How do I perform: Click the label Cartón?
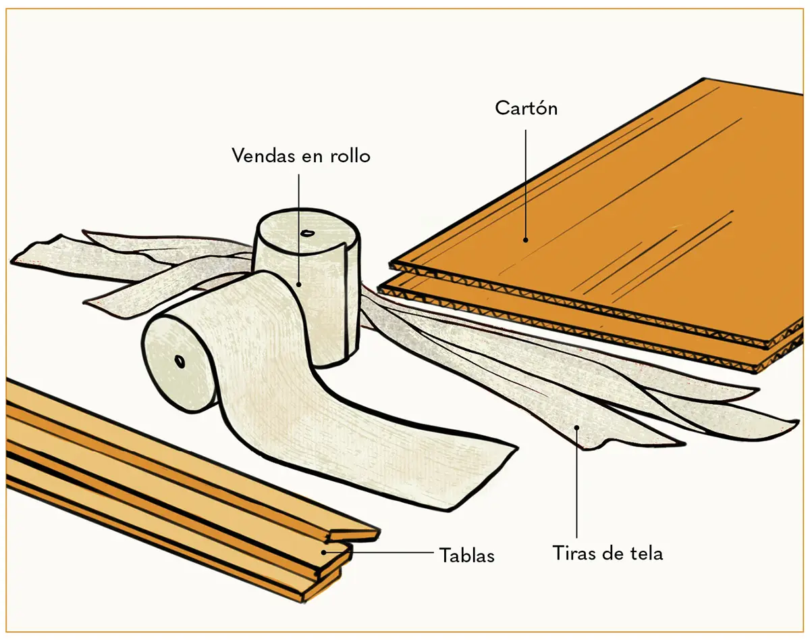click(526, 107)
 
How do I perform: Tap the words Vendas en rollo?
click(301, 155)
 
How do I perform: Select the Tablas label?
click(467, 556)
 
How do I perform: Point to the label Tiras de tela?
click(607, 553)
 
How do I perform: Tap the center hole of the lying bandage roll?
click(181, 361)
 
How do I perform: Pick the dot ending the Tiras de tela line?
click(576, 426)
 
